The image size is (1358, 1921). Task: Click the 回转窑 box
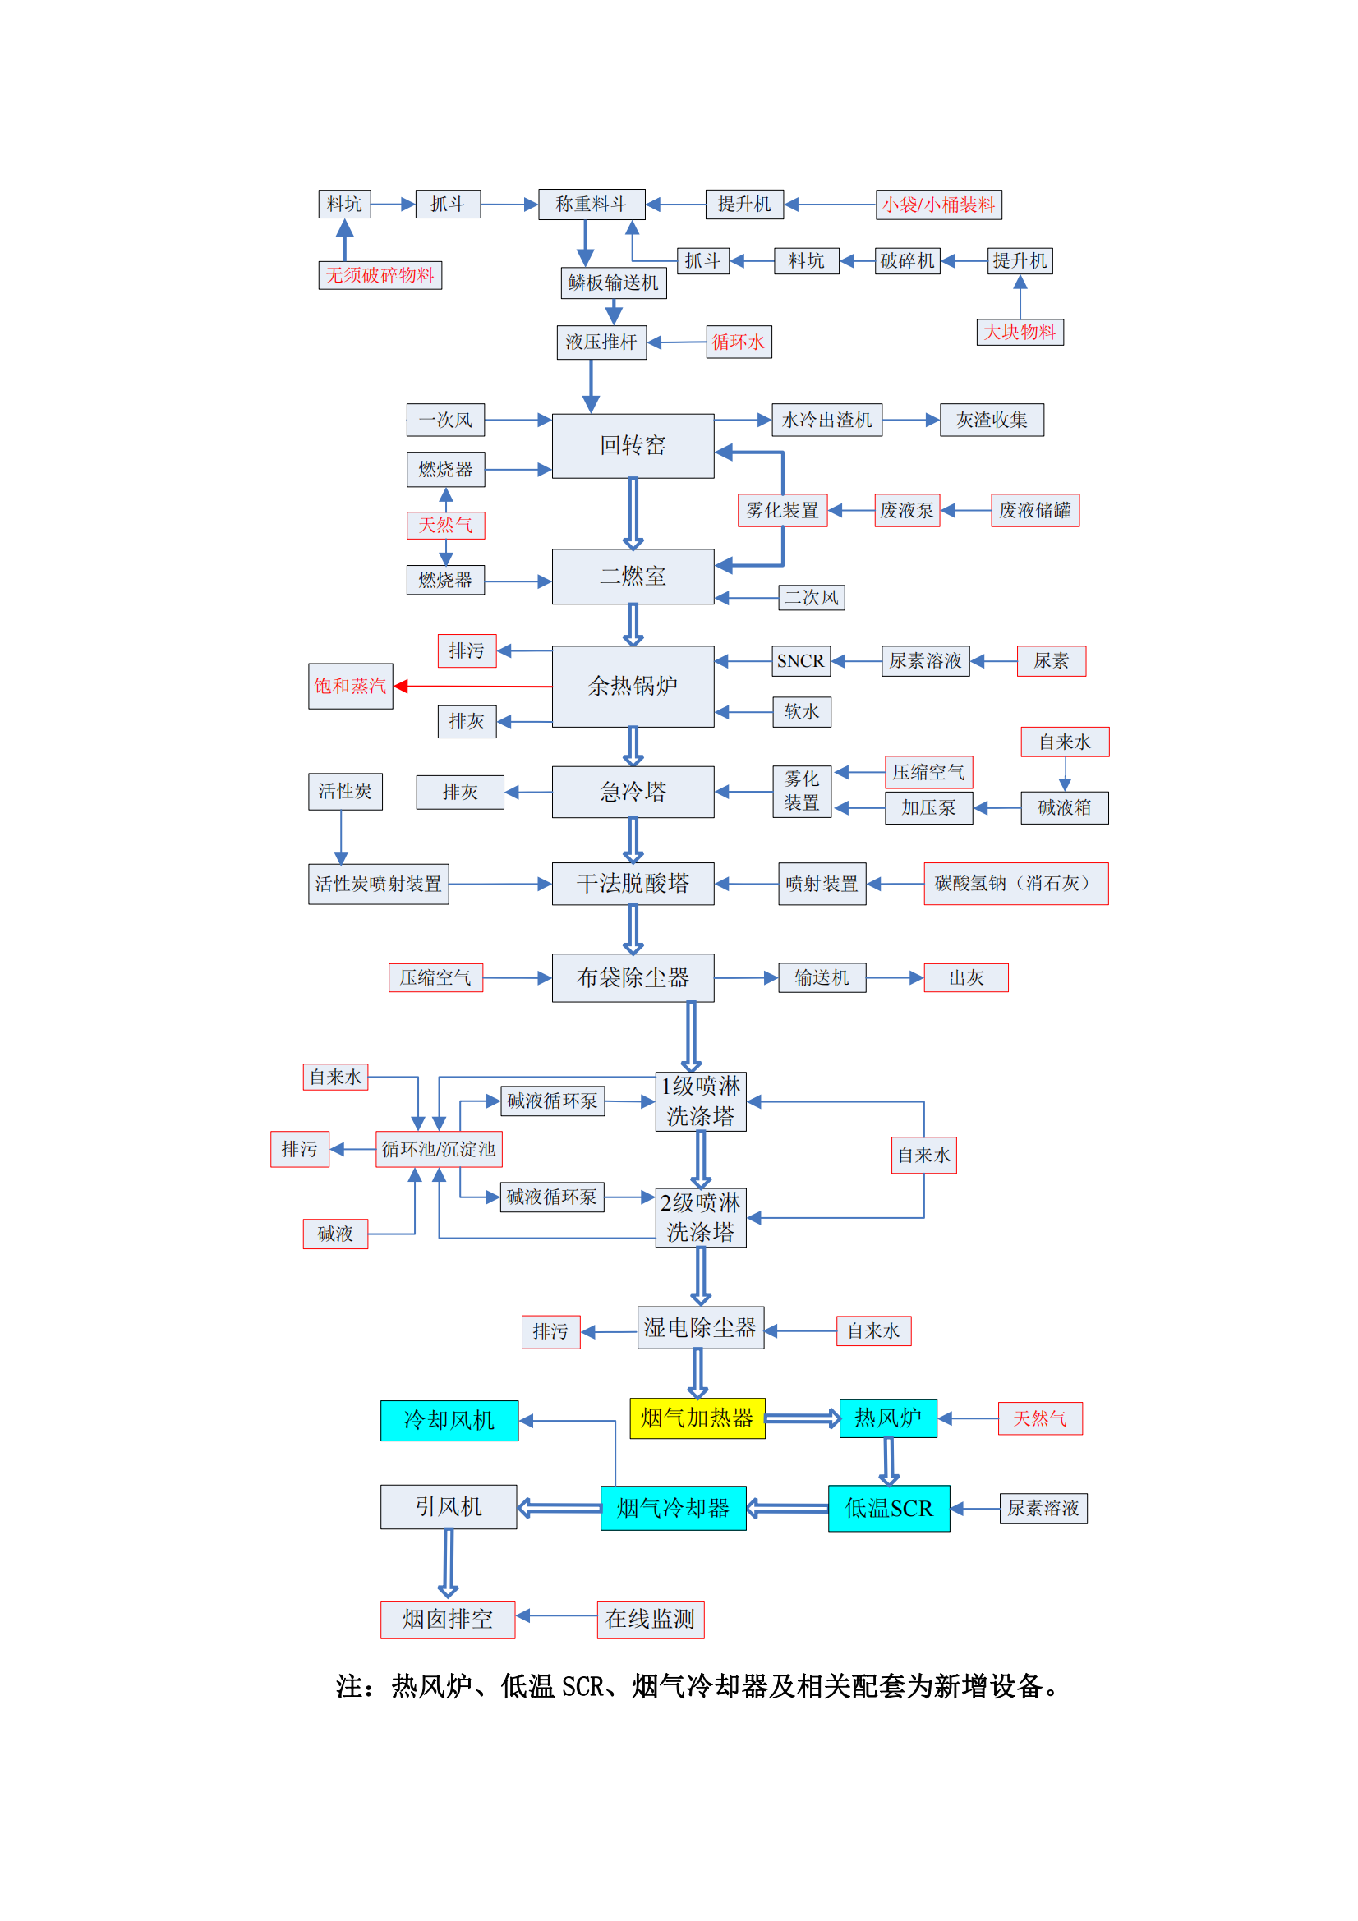(x=633, y=446)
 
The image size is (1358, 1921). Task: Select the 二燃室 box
(x=633, y=577)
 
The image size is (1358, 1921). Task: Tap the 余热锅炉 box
(x=633, y=686)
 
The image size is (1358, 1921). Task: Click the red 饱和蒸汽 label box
(x=350, y=686)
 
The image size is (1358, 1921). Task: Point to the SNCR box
(x=801, y=661)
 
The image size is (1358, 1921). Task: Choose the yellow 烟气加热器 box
(x=697, y=1418)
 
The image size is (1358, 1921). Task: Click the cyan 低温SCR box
(x=889, y=1509)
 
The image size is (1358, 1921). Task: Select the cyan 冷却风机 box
(x=449, y=1421)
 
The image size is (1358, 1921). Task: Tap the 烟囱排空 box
(x=448, y=1619)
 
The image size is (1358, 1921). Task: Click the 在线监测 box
(x=650, y=1619)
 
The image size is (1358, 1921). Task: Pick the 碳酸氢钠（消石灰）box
(x=1015, y=884)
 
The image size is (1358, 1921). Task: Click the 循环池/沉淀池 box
(x=439, y=1150)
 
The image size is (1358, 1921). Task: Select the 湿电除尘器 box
(x=700, y=1328)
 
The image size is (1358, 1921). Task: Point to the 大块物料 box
(x=1020, y=332)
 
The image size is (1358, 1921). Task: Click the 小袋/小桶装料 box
(x=938, y=205)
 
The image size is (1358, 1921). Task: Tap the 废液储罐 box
(x=1034, y=510)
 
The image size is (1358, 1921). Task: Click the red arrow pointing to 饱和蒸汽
(x=472, y=686)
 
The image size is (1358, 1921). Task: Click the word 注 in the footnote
(x=349, y=1687)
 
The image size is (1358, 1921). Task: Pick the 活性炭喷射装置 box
(x=378, y=884)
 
